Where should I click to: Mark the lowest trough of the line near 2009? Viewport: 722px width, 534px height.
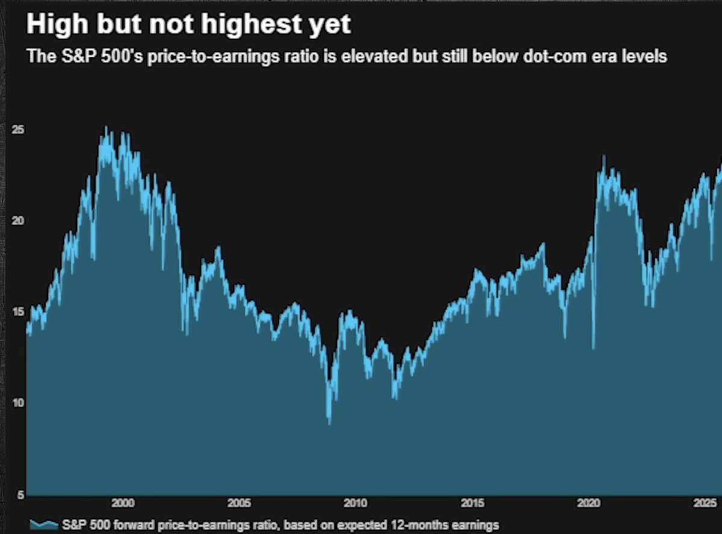tap(329, 423)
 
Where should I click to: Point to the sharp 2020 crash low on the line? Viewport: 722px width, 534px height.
tap(593, 348)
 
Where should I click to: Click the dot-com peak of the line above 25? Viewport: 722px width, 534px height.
tap(106, 128)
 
